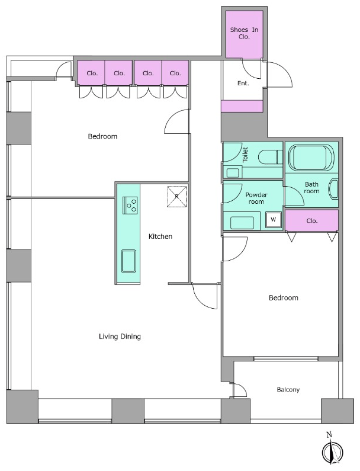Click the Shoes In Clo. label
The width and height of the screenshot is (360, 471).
click(244, 33)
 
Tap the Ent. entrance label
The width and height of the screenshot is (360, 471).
click(243, 83)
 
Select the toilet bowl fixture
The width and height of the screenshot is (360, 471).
click(270, 157)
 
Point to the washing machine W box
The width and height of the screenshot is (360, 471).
click(273, 220)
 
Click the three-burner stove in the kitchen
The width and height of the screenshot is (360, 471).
click(130, 206)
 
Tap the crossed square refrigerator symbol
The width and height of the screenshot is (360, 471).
click(177, 197)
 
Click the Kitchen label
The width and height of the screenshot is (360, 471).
click(160, 236)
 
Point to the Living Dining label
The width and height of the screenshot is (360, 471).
click(120, 337)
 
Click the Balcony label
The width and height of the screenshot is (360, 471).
click(288, 390)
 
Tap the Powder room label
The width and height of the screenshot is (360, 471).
click(256, 198)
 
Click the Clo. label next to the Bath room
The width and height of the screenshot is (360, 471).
click(312, 221)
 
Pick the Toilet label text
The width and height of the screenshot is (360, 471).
click(245, 155)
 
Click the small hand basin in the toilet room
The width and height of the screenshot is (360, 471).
click(232, 173)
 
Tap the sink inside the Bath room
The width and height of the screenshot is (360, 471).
click(334, 189)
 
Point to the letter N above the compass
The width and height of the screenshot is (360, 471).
click(329, 434)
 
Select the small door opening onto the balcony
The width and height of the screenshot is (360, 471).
click(239, 390)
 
